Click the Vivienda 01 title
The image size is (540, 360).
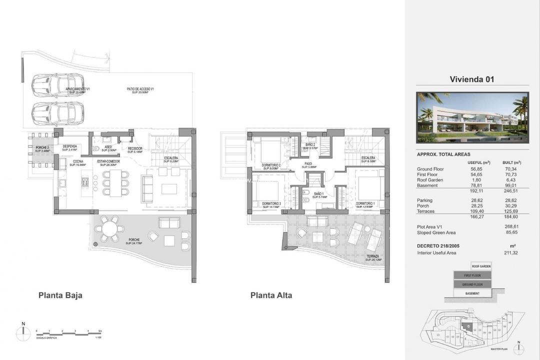point(472,79)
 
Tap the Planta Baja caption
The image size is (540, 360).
point(60,295)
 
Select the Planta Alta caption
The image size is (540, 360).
point(271,295)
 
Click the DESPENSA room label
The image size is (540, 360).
point(69,147)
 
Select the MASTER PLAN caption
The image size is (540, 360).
point(499,348)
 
